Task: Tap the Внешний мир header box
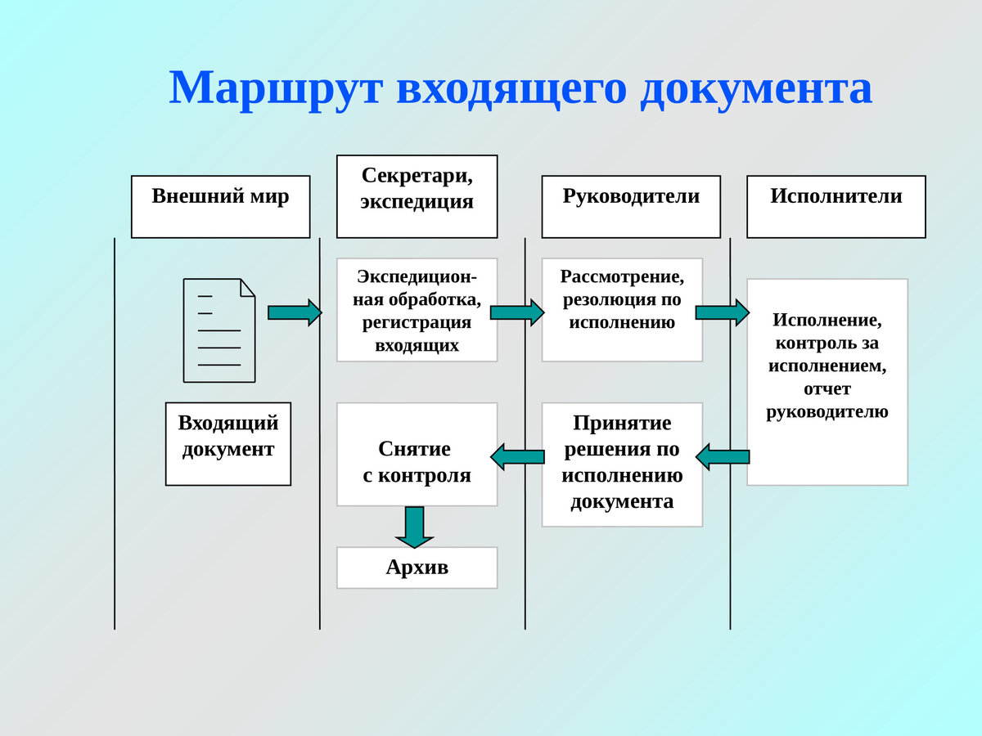point(220,206)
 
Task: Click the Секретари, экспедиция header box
point(417,196)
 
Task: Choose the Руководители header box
point(630,206)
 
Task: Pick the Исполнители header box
point(836,206)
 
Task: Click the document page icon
point(218,330)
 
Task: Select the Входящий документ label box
point(227,443)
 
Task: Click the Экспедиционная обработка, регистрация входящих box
point(417,310)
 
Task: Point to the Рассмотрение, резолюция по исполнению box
point(622,310)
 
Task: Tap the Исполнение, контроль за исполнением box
point(827,382)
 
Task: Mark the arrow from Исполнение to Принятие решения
point(723,456)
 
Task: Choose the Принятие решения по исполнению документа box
point(622,464)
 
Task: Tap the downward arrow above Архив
point(415,527)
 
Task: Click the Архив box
point(417,568)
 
